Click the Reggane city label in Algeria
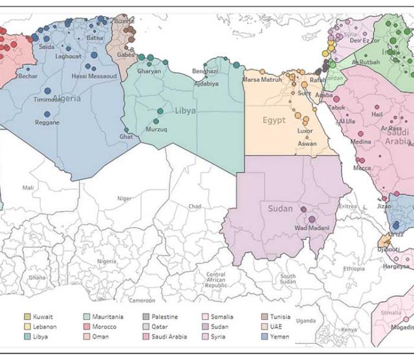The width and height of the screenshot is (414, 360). [x=47, y=122]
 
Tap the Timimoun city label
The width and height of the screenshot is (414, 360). [x=48, y=100]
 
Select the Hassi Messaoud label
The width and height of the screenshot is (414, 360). [x=94, y=76]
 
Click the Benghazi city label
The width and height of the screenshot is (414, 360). [x=205, y=71]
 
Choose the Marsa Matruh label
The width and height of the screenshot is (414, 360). [x=262, y=80]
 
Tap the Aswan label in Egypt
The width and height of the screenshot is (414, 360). [x=307, y=144]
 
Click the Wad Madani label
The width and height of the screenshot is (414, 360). [x=310, y=228]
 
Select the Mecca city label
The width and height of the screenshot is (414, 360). [x=362, y=168]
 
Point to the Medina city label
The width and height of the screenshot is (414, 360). [x=361, y=142]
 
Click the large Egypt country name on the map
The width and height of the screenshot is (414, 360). [x=274, y=120]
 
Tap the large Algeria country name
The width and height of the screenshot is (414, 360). [x=67, y=98]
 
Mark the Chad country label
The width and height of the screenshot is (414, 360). [x=195, y=207]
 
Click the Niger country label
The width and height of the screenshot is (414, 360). [x=124, y=199]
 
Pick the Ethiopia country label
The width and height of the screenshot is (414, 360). [x=354, y=268]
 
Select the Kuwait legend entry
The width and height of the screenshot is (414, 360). [x=43, y=317]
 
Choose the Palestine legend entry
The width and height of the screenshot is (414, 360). [x=164, y=317]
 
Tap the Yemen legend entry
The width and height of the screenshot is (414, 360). [x=279, y=337]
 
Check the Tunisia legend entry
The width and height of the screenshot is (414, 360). [x=281, y=317]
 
